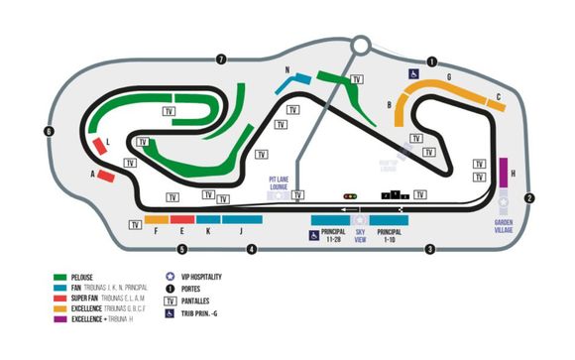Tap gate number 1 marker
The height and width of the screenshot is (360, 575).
coord(432,61)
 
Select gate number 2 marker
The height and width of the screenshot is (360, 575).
coord(530,198)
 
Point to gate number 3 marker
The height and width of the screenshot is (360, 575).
coord(429,249)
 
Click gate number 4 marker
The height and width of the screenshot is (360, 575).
coord(252,249)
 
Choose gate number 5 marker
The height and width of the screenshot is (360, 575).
coord(181,249)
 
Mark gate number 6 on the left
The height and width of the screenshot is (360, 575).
coord(48,131)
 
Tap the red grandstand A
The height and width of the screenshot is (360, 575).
coord(106,177)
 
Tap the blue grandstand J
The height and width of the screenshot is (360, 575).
coord(242,219)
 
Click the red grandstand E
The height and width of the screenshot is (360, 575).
coord(181,219)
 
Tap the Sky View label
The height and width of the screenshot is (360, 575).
coord(360,234)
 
